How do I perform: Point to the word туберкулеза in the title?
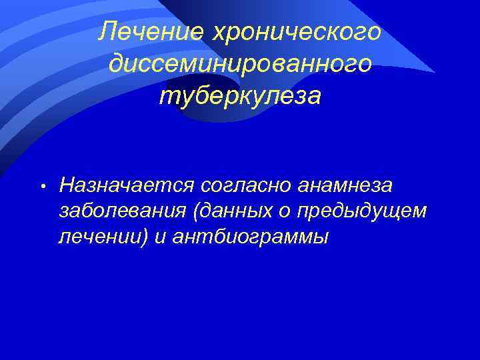(x=240, y=96)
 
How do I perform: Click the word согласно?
(x=231, y=183)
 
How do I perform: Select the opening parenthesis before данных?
(x=194, y=210)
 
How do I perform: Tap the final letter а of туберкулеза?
(x=314, y=97)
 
